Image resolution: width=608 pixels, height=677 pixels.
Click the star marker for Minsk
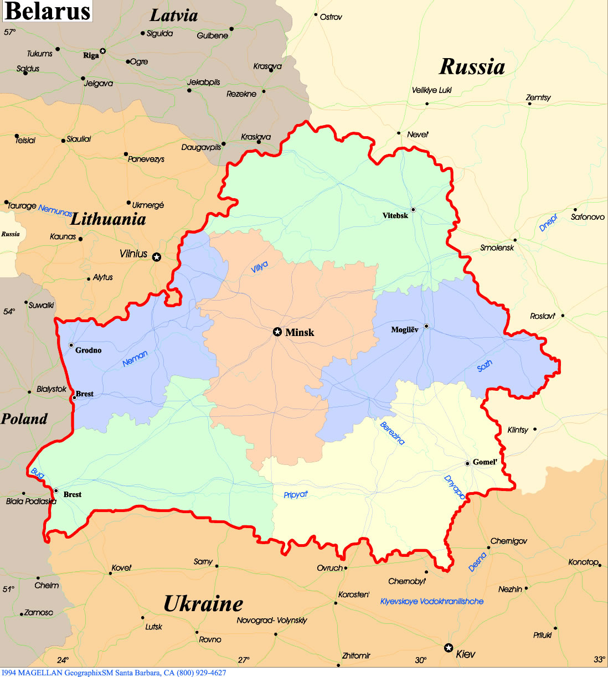point(277,332)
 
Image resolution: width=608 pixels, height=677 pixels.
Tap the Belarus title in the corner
point(47,11)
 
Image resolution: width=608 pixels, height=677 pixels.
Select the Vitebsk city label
point(395,215)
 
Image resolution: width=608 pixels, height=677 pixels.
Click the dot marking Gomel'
point(467,463)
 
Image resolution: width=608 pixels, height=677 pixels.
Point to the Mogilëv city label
point(404,329)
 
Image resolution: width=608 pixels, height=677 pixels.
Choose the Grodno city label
point(88,350)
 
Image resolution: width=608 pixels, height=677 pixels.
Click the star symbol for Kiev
point(449,648)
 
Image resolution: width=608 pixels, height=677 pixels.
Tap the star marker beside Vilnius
point(157,257)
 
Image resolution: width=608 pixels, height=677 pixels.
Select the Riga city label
point(91,55)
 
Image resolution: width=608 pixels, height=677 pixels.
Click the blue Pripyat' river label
point(295,494)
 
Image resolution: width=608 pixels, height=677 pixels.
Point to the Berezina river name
point(392,433)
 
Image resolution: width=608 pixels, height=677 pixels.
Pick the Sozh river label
point(485,365)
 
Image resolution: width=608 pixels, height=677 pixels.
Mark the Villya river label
point(259,267)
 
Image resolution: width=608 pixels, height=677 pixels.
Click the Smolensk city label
point(497,247)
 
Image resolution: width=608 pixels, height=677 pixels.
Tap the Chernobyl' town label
point(406,581)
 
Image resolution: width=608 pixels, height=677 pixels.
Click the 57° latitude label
point(9,32)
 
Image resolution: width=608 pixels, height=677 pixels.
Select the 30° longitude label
point(420,660)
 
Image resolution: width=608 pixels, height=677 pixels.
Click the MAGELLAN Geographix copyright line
point(114,673)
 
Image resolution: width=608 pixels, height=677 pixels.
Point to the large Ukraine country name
point(203,603)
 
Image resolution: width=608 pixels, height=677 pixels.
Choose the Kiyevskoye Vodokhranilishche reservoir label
point(431,601)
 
